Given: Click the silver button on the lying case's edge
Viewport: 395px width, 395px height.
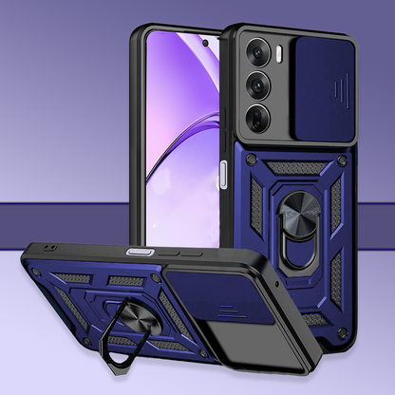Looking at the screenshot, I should pyautogui.click(x=140, y=252).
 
